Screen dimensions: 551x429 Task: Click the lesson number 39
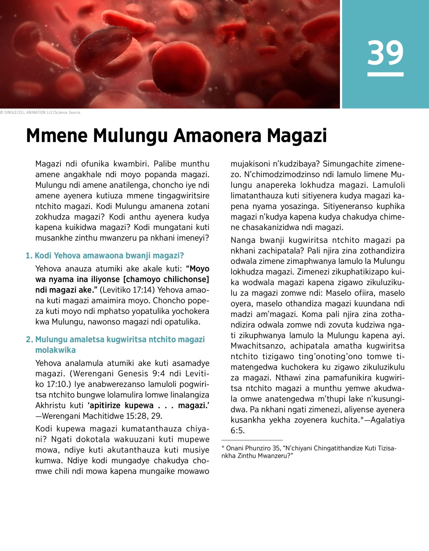coord(385,52)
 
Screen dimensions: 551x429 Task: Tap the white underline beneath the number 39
coord(385,74)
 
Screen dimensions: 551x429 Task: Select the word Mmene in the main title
coord(57,135)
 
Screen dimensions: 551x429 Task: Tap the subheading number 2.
coord(29,339)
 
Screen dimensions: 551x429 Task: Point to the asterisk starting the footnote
coord(223,448)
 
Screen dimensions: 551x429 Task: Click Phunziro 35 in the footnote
coord(263,448)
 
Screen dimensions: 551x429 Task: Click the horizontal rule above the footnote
coord(252,440)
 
